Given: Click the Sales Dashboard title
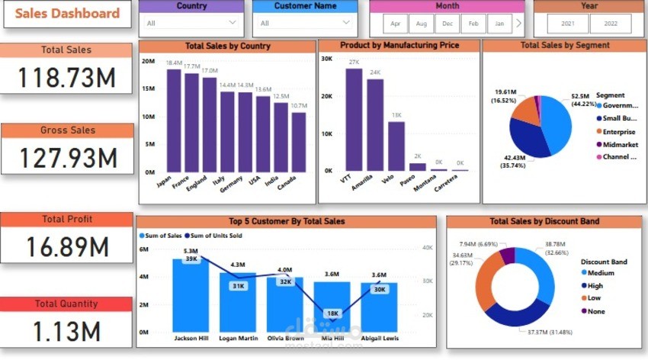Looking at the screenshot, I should (68, 14).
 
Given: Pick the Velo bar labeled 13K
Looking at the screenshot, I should (396, 146).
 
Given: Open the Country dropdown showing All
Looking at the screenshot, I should (191, 23).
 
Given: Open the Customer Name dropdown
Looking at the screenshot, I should (304, 23).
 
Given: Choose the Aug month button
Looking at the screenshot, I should (421, 24).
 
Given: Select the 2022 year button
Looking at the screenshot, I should (610, 24).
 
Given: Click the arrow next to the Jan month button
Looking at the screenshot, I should (518, 24).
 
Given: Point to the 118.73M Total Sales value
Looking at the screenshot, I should (66, 77).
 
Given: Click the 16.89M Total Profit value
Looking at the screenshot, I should (66, 246).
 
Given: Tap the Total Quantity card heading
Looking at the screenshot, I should (66, 304).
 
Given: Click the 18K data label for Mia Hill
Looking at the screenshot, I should (332, 313).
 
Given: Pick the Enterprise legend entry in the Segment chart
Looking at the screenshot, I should (618, 131).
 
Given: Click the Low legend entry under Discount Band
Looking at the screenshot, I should (595, 298).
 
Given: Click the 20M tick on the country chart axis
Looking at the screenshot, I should (149, 60).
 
